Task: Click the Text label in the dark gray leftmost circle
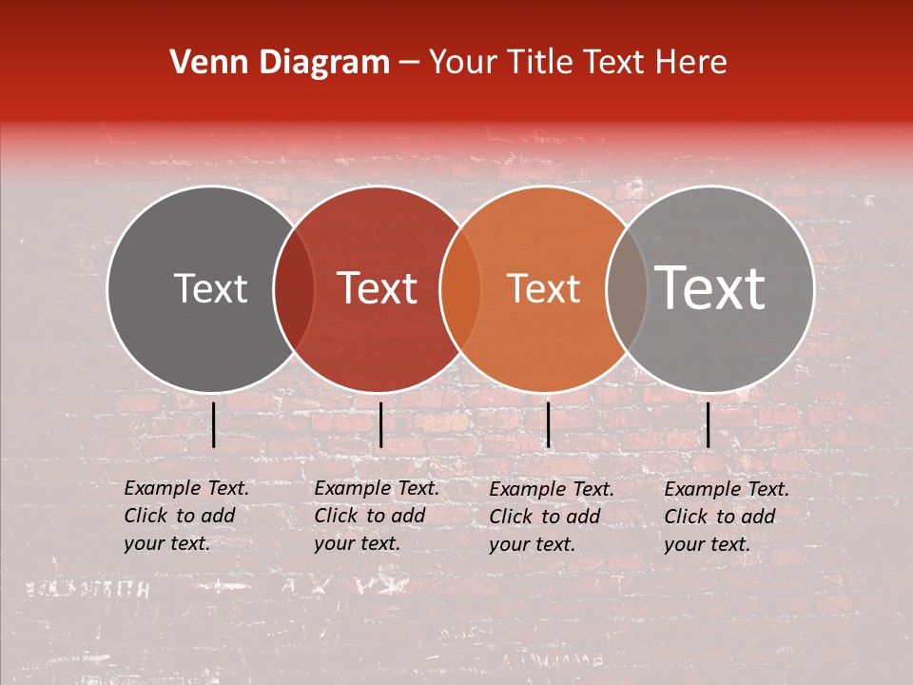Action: [x=210, y=288]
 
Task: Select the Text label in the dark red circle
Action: [x=378, y=288]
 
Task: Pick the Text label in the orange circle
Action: [x=543, y=288]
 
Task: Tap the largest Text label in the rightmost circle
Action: [x=710, y=288]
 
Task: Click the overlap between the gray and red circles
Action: [x=294, y=288]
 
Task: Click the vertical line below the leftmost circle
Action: [x=214, y=424]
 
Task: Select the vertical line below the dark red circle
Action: [x=380, y=424]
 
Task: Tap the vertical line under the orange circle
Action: [x=548, y=424]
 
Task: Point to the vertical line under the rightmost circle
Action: [x=709, y=424]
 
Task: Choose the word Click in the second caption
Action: [x=336, y=516]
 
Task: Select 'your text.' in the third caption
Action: [x=533, y=544]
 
